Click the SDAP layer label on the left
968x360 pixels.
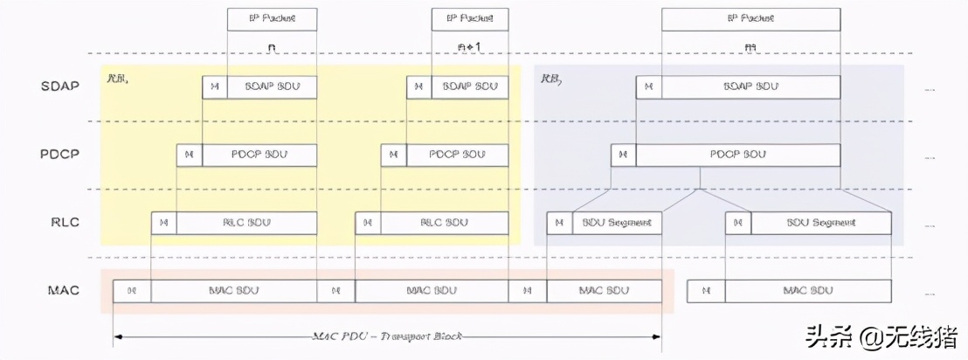(x=59, y=87)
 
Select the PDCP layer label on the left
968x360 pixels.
(x=59, y=155)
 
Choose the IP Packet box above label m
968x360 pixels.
(x=750, y=18)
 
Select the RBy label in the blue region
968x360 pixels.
(x=551, y=79)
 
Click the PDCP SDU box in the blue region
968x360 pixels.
(x=738, y=155)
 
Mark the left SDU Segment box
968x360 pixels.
(x=618, y=223)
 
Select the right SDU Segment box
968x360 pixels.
(x=821, y=223)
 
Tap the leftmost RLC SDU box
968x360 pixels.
(x=246, y=223)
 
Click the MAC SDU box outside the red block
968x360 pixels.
(x=806, y=291)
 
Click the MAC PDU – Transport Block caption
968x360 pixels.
(x=387, y=336)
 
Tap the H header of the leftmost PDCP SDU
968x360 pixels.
(x=190, y=155)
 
